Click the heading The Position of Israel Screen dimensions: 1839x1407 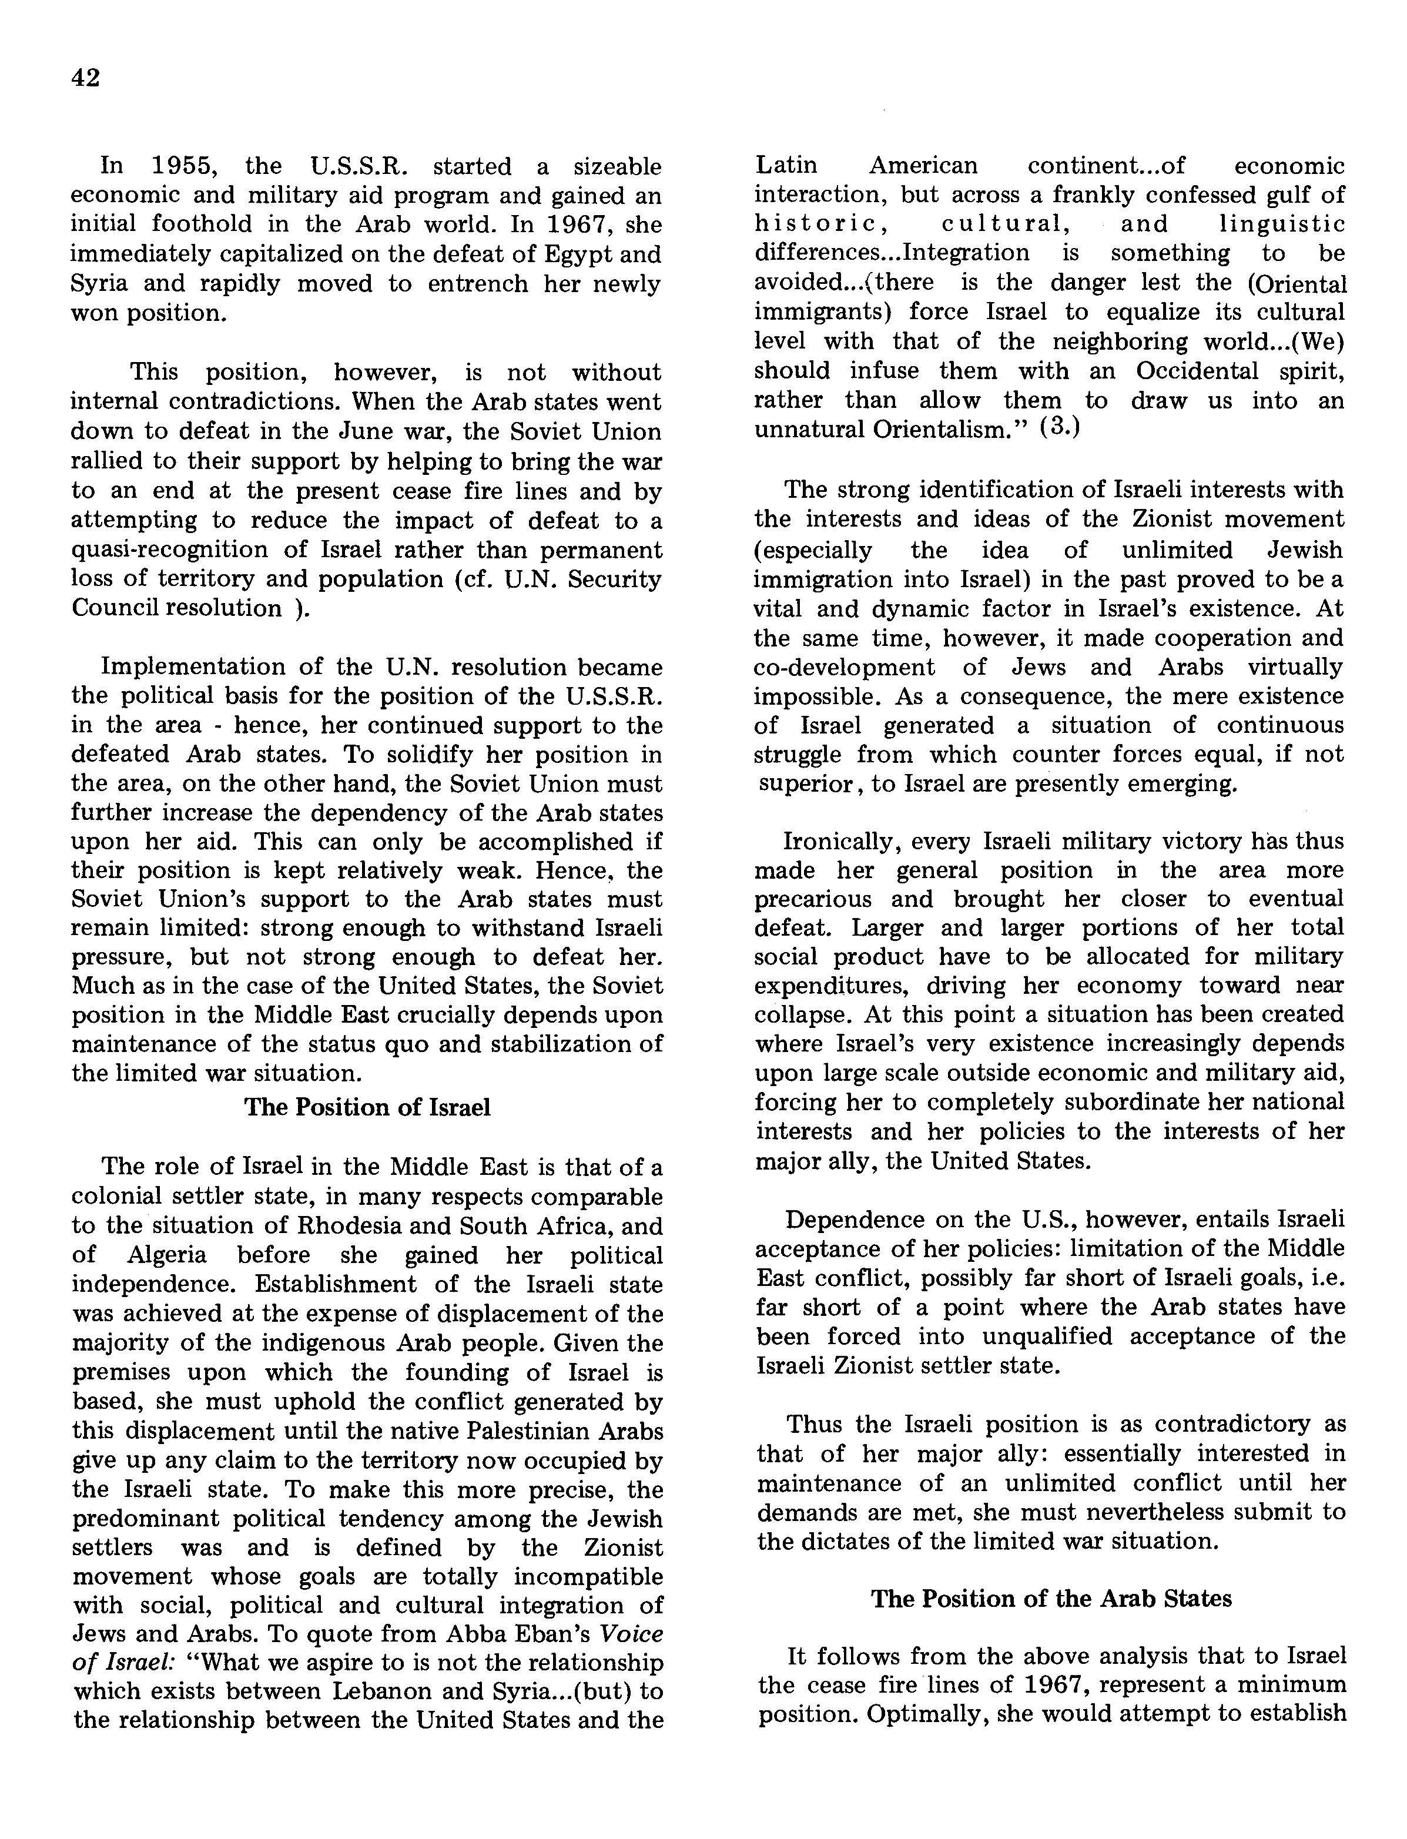point(367,1107)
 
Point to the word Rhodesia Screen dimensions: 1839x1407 point(351,1225)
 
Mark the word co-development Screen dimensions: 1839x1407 point(843,668)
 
